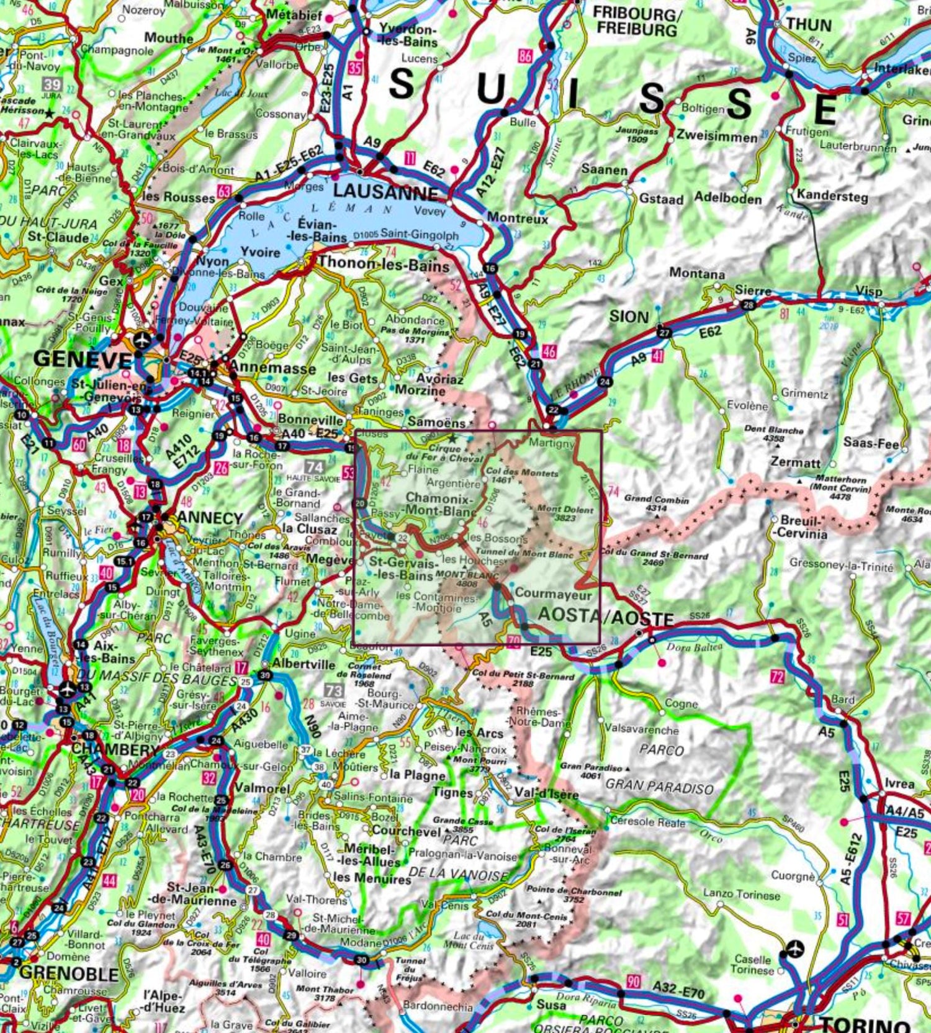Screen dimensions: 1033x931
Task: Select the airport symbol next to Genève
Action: (142, 341)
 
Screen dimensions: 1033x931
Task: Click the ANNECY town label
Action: (201, 518)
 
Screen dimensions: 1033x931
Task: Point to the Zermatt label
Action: (795, 462)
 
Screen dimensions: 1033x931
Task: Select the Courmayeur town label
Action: (554, 593)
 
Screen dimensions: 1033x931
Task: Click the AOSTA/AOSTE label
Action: (605, 616)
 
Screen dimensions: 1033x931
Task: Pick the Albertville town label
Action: (304, 664)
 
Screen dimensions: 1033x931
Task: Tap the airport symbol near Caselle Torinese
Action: (794, 949)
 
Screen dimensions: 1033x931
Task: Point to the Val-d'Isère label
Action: (546, 794)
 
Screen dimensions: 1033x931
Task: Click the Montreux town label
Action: (518, 219)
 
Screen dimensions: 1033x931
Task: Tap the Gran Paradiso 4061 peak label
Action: (590, 770)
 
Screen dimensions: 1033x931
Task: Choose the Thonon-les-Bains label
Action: (383, 266)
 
